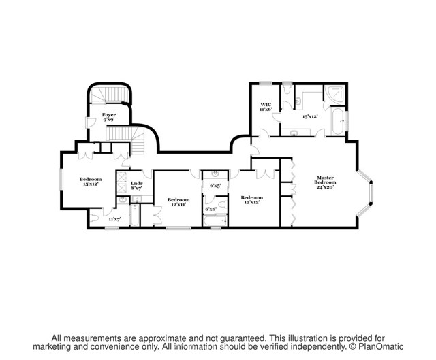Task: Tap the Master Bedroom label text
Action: (325, 182)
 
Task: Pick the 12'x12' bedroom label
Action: (251, 200)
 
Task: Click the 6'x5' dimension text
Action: (216, 185)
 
